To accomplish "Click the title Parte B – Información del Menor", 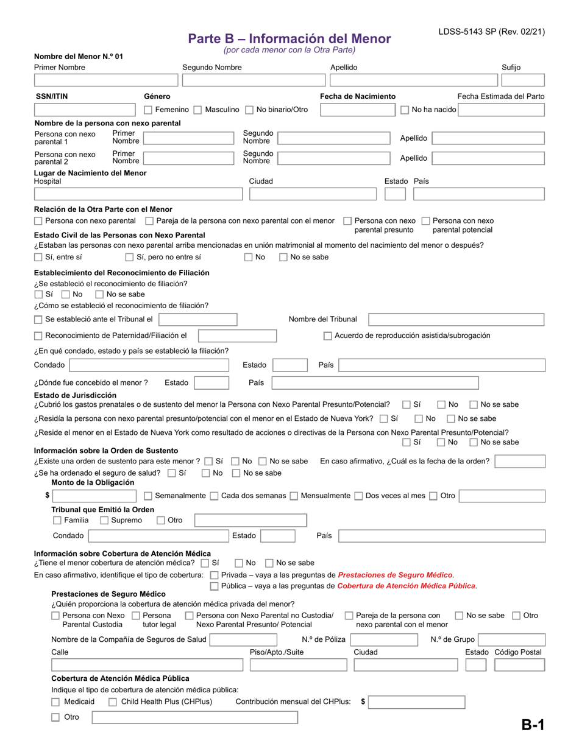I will [289, 38].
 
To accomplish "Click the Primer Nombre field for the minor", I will [106, 80].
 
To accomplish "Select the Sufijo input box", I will [522, 80].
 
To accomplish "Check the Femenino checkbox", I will [148, 110].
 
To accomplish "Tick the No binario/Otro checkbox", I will [249, 110].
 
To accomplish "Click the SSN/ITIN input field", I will [85, 110].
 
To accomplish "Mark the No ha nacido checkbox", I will [405, 110].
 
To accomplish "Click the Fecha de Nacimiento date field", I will [358, 110].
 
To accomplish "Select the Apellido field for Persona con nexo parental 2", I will [488, 158].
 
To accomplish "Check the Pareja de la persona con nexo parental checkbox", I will [149, 221].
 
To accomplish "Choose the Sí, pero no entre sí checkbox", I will [129, 257].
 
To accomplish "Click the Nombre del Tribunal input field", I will [456, 320].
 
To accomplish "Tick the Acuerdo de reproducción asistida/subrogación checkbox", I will [328, 336].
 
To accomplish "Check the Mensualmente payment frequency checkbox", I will [294, 496].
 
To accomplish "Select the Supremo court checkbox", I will [104, 521].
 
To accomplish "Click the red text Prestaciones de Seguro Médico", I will [395, 575].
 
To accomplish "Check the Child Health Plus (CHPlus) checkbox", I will [113, 702].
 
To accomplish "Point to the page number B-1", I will [532, 725].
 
